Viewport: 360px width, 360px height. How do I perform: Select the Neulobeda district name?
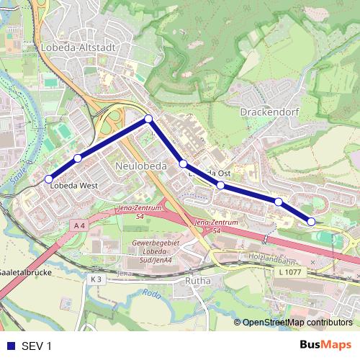click(140, 166)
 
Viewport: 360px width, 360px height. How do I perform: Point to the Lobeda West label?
click(74, 184)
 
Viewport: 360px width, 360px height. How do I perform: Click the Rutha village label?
click(197, 280)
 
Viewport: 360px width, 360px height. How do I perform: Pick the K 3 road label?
click(96, 279)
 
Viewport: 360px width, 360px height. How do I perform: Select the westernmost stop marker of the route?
click(49, 179)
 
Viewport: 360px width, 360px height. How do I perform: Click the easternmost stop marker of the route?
click(311, 222)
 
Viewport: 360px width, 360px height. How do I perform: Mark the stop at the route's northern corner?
click(148, 119)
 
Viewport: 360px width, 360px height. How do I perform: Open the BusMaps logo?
click(325, 346)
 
